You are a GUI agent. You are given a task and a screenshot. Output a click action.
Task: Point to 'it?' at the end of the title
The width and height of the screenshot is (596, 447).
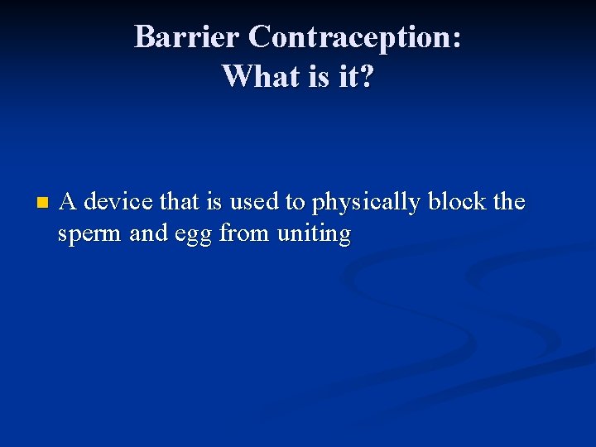pyautogui.click(x=356, y=76)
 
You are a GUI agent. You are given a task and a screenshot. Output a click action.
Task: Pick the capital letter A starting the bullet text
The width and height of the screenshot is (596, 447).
pyautogui.click(x=70, y=202)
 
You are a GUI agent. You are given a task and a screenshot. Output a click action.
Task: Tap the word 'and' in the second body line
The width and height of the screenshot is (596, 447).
pyautogui.click(x=149, y=233)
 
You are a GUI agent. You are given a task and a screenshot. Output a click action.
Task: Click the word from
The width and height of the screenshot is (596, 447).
pyautogui.click(x=245, y=233)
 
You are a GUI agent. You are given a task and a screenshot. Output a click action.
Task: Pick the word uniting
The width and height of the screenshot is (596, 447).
pyautogui.click(x=315, y=234)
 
